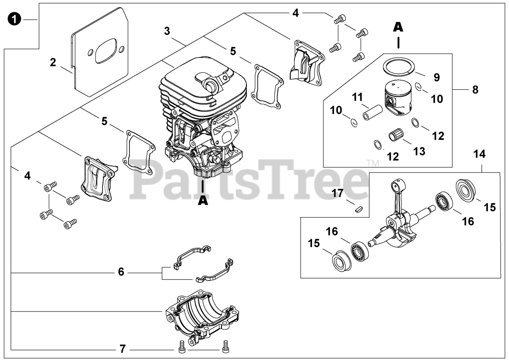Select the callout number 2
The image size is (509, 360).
tap(53, 62)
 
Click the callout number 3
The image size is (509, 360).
tap(167, 31)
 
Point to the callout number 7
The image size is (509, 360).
tap(122, 349)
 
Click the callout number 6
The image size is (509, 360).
tap(121, 272)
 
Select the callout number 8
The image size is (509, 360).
tap(475, 90)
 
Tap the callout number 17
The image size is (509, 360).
tap(338, 194)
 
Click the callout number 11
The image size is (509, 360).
tap(357, 96)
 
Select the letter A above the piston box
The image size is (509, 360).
tap(398, 27)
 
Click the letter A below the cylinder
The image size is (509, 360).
tap(203, 201)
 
